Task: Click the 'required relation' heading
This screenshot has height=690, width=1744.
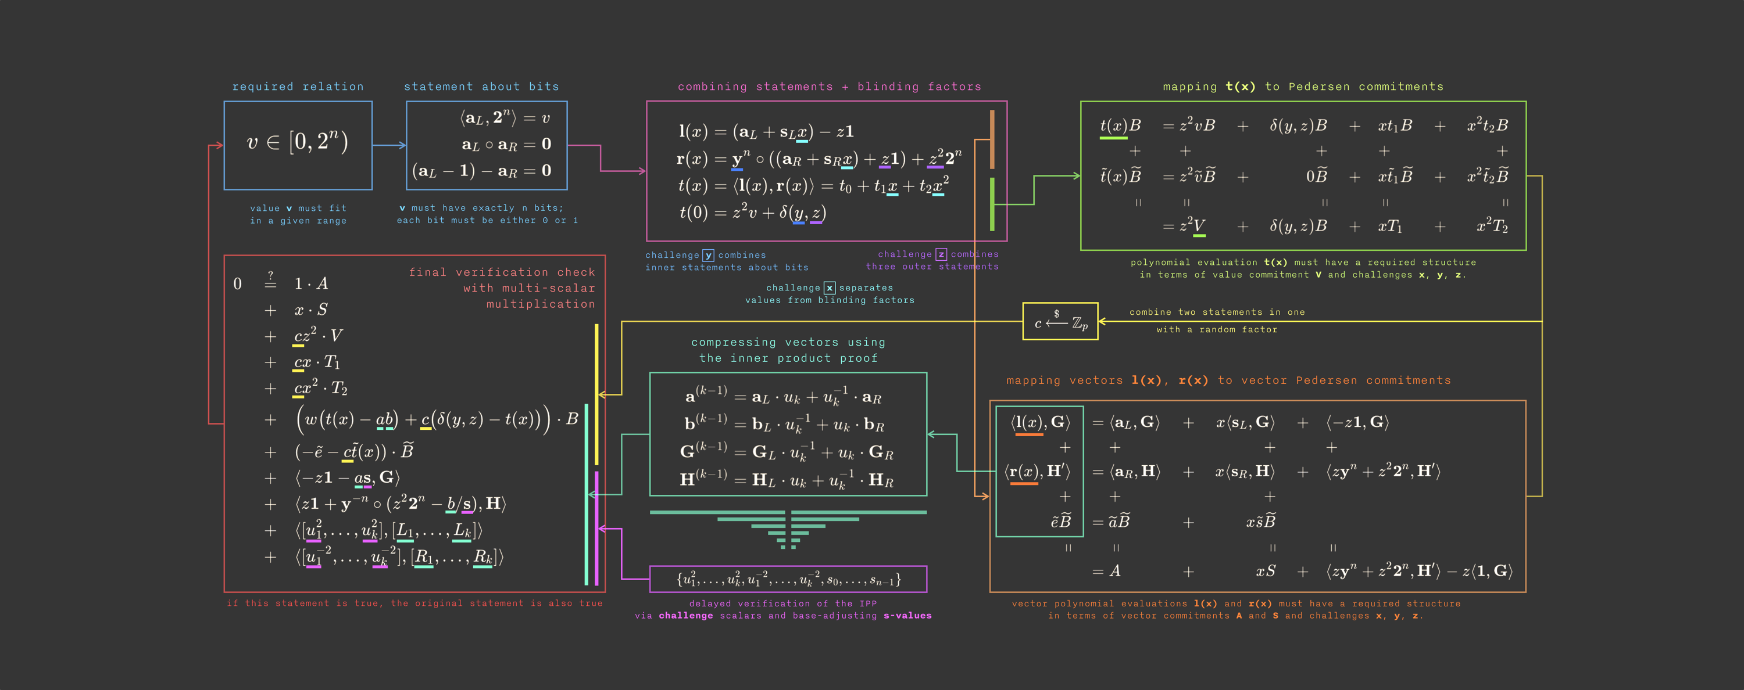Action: pos(298,87)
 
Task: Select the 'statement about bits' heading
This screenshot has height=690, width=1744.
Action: pos(481,87)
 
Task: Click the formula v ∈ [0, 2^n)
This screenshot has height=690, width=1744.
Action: pos(297,142)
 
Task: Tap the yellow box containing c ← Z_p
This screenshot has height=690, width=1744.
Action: pos(1060,322)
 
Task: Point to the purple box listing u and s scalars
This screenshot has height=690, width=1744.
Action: pos(788,579)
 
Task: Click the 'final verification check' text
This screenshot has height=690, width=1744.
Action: pos(502,272)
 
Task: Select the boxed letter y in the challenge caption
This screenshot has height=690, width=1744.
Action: pos(708,255)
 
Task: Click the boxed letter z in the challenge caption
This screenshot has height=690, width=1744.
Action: pos(941,254)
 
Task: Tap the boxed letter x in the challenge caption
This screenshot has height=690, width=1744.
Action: pos(830,288)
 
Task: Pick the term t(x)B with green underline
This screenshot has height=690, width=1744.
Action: pos(1120,126)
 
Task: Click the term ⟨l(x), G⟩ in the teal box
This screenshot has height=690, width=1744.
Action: pos(1040,423)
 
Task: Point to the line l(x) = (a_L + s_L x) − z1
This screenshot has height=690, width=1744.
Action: pos(766,131)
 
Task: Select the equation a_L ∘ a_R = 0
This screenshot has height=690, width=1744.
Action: pos(506,145)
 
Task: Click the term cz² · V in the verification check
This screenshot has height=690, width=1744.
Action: pos(318,336)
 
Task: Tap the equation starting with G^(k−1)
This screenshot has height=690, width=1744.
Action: pos(787,452)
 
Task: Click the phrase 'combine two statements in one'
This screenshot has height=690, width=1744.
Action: pos(1217,312)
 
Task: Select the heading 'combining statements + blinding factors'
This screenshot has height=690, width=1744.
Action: pos(830,87)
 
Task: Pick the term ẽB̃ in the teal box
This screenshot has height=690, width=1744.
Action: pos(1060,522)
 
